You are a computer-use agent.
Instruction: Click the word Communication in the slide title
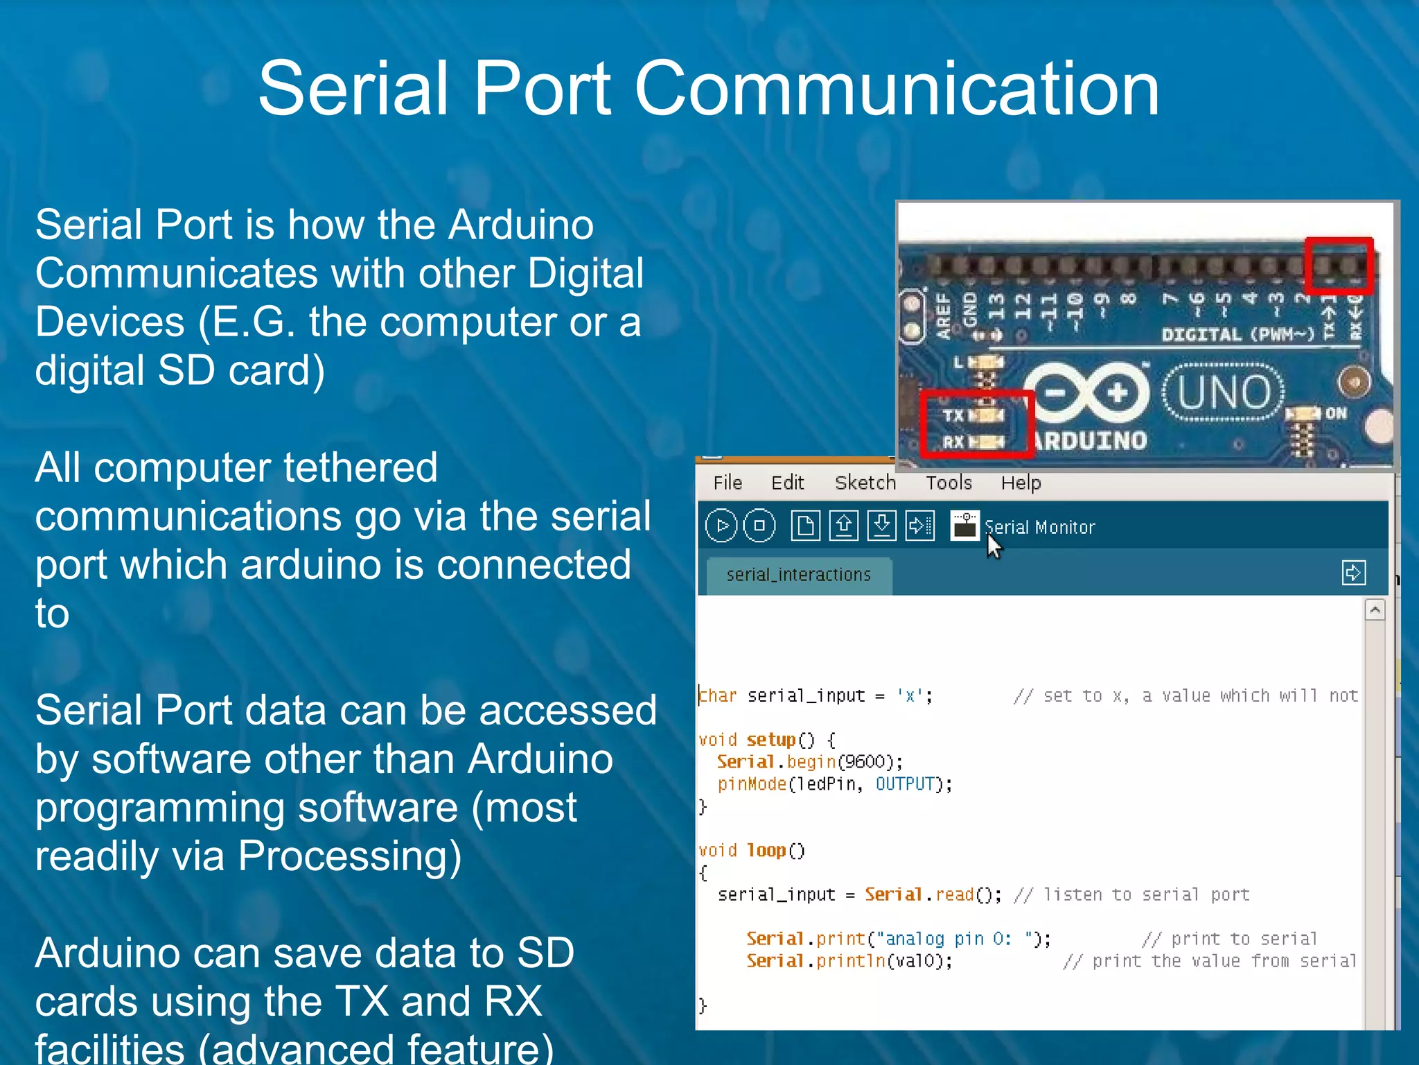897,89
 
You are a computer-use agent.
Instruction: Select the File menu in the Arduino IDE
728,483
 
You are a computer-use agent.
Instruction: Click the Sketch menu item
865,483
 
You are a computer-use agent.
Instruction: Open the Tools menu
949,483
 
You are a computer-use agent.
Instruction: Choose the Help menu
1021,483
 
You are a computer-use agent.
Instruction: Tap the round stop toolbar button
759,526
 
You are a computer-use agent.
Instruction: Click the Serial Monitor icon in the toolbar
964,526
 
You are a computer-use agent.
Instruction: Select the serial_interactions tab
798,575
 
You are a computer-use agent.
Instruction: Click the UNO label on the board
1224,392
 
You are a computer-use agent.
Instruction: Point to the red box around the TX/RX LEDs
977,424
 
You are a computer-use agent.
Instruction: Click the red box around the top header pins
1339,266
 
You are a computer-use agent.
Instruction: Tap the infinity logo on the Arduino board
1086,393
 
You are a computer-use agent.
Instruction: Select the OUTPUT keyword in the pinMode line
905,784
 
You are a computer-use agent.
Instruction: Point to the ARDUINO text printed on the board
1090,440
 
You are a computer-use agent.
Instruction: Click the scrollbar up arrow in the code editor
1375,610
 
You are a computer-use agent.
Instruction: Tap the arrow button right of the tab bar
1353,573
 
